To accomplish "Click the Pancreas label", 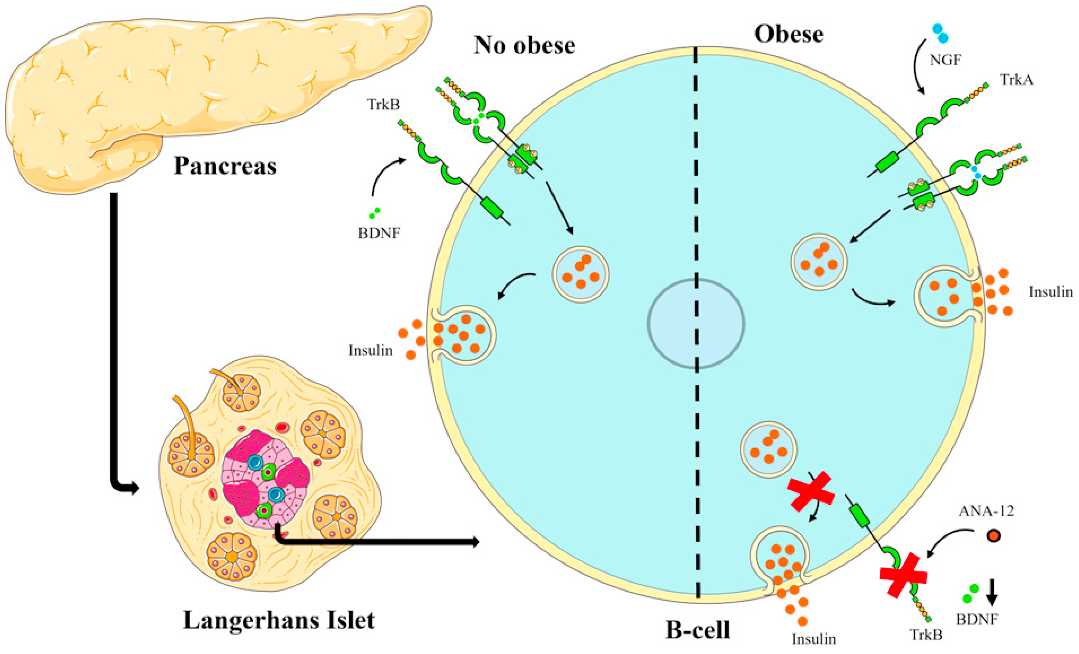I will point(225,166).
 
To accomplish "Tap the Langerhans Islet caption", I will point(279,620).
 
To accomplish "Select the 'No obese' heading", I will point(524,45).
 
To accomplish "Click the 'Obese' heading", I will point(788,34).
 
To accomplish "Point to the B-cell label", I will point(698,630).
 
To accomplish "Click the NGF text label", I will point(945,60).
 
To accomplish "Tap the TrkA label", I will point(1016,80).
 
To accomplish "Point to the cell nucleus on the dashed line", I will point(696,323).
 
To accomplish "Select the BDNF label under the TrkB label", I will point(379,233).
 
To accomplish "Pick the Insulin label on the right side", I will point(1051,292).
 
